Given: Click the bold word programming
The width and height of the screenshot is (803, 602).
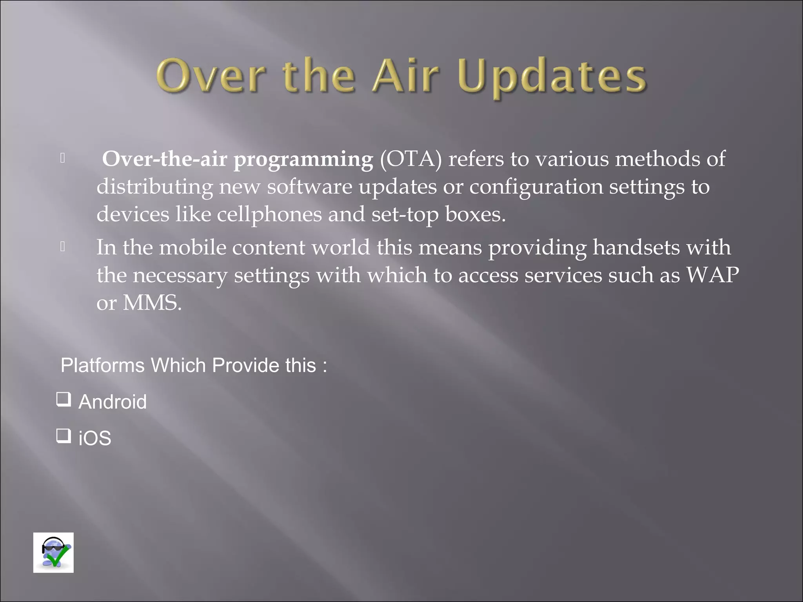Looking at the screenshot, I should (303, 160).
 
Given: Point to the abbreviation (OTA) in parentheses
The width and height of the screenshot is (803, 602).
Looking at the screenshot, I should (411, 159).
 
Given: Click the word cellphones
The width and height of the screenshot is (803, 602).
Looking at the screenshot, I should (269, 215).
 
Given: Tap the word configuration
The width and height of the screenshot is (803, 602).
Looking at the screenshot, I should (536, 187).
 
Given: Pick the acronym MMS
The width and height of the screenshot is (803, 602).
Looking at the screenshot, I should (152, 303).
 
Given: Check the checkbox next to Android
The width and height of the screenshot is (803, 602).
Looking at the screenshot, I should (64, 399).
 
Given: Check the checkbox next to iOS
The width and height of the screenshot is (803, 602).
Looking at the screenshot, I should (64, 435).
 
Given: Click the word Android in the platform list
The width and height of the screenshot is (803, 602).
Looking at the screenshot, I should (113, 402).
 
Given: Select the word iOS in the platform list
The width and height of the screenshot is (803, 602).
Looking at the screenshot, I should (95, 438).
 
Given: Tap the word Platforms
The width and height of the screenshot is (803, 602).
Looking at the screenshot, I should (103, 366).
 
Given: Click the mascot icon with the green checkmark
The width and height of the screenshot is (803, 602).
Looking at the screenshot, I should (53, 553).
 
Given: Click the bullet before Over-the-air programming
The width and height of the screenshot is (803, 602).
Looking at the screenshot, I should (62, 158).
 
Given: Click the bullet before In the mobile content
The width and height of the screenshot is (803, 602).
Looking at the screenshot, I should (62, 247).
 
